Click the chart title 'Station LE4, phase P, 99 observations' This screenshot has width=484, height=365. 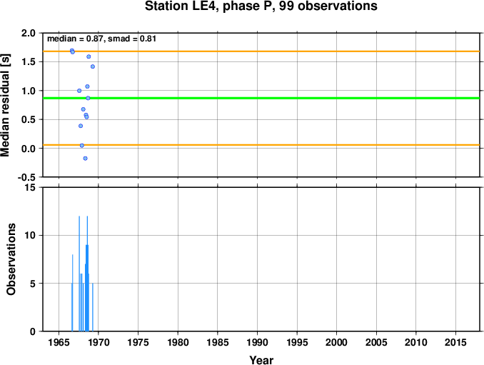(x=261, y=6)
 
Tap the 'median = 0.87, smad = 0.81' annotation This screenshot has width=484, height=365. (x=101, y=39)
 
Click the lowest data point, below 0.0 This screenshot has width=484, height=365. (x=85, y=159)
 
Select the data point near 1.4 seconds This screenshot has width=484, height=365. (x=93, y=66)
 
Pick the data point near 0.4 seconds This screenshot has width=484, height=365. (x=81, y=126)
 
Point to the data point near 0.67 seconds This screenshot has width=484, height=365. (x=83, y=109)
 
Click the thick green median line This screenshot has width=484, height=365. (x=261, y=98)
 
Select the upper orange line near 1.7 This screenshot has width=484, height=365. (x=261, y=51)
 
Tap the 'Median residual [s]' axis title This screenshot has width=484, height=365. (x=5, y=105)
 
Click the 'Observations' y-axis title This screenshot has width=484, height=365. (x=11, y=259)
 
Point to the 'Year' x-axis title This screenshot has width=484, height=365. (x=261, y=360)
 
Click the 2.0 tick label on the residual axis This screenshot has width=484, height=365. (x=29, y=33)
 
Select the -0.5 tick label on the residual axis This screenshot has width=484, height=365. (x=26, y=177)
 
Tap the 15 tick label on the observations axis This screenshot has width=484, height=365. (x=30, y=188)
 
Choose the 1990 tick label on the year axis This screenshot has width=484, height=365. (x=258, y=342)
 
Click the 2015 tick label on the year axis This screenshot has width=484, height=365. (x=455, y=342)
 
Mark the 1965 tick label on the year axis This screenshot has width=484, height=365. (x=59, y=342)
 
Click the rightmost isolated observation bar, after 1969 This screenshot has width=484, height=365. (x=93, y=307)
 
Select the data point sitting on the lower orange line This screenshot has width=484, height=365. (x=82, y=146)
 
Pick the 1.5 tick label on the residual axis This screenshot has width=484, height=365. (x=29, y=61)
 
